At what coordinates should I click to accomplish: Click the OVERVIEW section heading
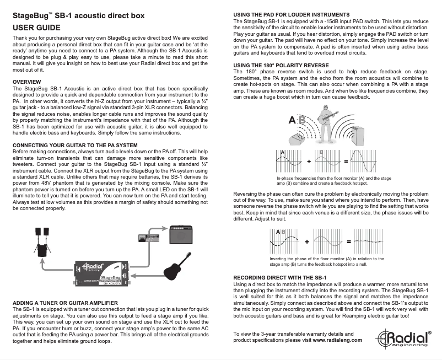pos(28,82)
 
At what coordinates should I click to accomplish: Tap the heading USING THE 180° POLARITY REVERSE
pos(281,65)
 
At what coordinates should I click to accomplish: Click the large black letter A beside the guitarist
pos(293,120)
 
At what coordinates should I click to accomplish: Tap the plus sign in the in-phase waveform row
pos(309,162)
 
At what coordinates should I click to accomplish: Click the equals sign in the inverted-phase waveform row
pos(348,241)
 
